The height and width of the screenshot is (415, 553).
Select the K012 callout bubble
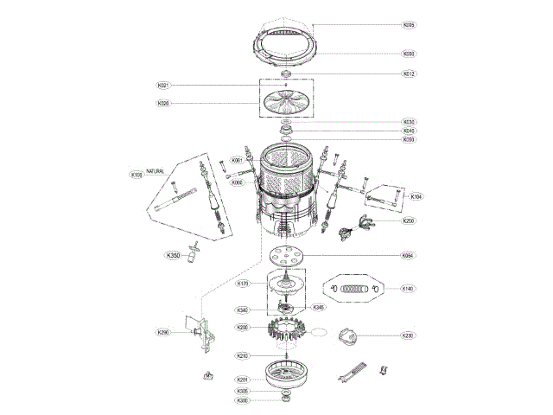409,73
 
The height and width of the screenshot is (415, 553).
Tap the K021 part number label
163,86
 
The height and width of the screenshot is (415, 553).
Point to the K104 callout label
416,196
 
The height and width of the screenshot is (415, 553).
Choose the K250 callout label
409,220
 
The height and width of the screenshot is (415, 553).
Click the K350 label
173,255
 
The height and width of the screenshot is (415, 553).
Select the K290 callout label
162,332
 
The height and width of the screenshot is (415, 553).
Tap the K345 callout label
318,307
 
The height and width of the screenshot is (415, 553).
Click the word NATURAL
156,171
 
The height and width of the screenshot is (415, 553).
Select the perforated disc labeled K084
286,257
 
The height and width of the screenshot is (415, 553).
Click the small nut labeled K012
286,75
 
